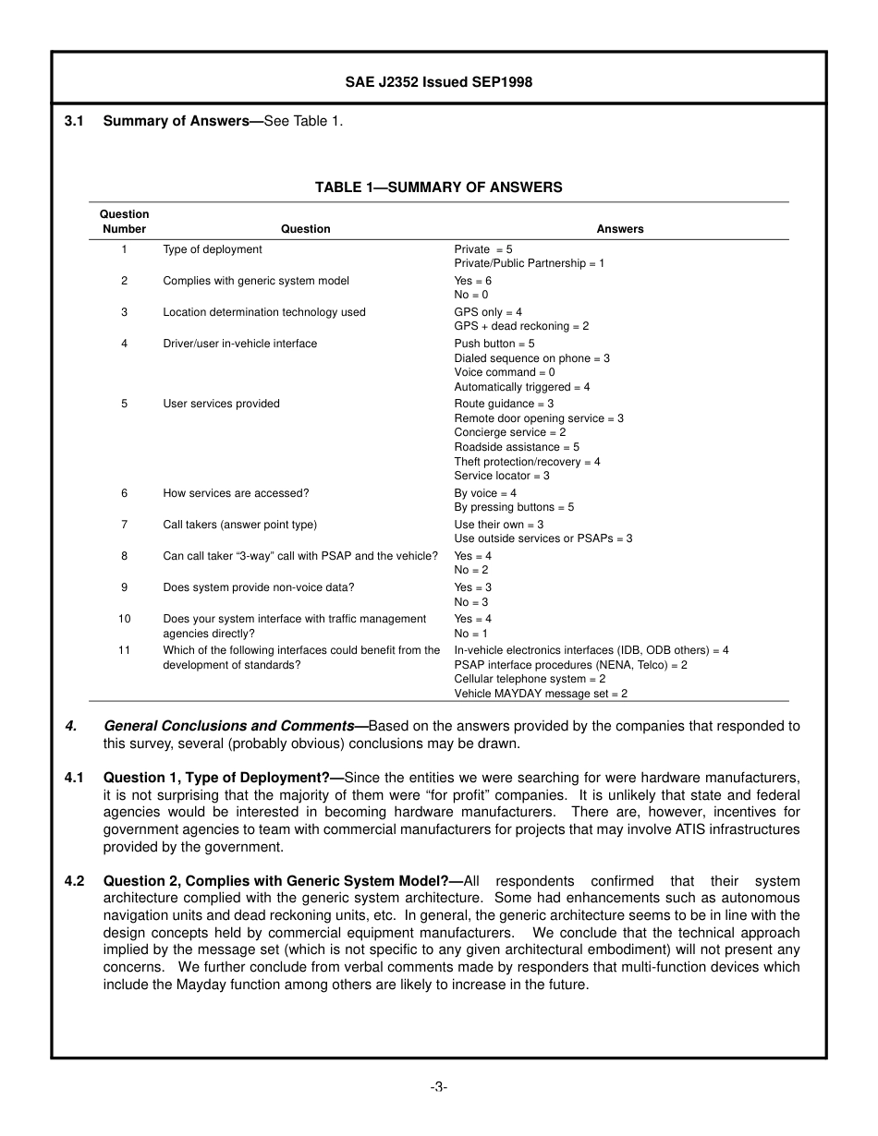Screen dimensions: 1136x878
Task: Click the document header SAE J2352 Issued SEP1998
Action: (x=438, y=82)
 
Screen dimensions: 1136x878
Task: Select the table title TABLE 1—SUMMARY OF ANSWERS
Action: (x=438, y=187)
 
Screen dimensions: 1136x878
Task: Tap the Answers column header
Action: (x=620, y=229)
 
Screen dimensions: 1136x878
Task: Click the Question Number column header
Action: (x=124, y=222)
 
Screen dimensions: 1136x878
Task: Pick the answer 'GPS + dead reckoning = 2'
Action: (x=521, y=326)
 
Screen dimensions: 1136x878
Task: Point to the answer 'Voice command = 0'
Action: (x=505, y=372)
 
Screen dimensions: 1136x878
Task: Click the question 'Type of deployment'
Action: (x=213, y=249)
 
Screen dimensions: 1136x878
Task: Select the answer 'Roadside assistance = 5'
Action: (x=517, y=447)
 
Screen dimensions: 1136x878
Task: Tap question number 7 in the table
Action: (x=124, y=525)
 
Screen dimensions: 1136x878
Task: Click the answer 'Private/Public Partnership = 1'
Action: (x=529, y=263)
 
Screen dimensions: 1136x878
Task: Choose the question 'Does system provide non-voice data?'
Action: (x=259, y=587)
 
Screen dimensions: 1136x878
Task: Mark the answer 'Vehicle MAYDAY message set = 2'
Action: (x=541, y=694)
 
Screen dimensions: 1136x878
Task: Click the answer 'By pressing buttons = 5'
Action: (x=514, y=507)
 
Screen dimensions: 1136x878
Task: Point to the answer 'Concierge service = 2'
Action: (x=510, y=432)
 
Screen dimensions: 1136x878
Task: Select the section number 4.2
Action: (x=75, y=881)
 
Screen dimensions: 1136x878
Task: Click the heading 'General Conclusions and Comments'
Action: (x=228, y=726)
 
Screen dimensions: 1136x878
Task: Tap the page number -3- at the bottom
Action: (x=438, y=1087)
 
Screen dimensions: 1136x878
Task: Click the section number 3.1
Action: (x=75, y=121)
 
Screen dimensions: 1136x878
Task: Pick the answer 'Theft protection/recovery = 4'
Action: (x=527, y=462)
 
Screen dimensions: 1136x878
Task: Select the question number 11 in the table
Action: (x=124, y=650)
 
